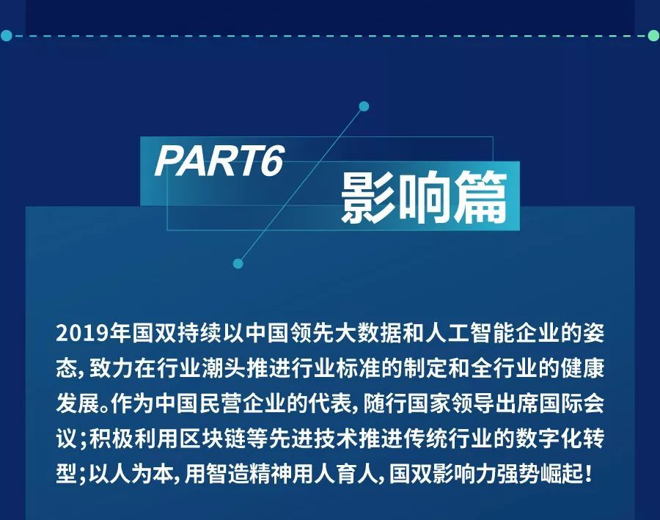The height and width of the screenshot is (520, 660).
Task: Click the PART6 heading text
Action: coord(219,161)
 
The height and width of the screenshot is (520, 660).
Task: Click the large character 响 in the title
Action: coord(425,197)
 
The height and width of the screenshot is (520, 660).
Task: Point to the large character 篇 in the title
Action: coord(480,197)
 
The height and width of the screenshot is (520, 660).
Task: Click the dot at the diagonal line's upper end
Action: coord(364,106)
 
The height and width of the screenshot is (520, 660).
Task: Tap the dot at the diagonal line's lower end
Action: coord(238,264)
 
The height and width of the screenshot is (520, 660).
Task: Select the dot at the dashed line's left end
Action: coord(6,36)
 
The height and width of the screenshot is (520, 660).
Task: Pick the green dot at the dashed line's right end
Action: coord(653,36)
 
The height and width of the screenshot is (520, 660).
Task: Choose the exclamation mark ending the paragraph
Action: coord(589,474)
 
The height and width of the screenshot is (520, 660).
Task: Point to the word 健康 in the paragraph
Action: coord(582,368)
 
